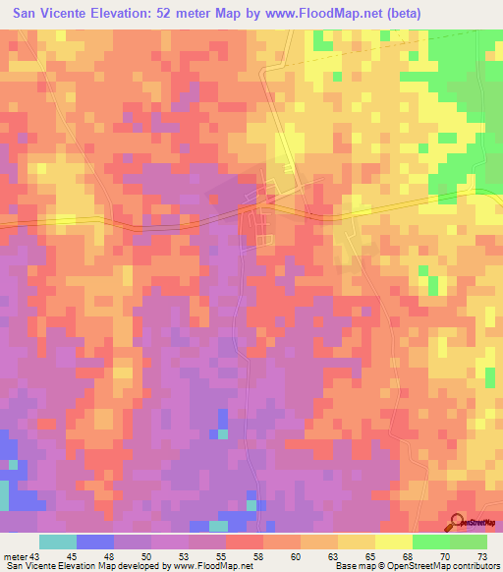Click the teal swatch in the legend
[x=58, y=542]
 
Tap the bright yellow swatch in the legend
[x=393, y=542]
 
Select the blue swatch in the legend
[x=95, y=542]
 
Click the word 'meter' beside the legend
[x=17, y=555]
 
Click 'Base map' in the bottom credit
[x=353, y=567]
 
